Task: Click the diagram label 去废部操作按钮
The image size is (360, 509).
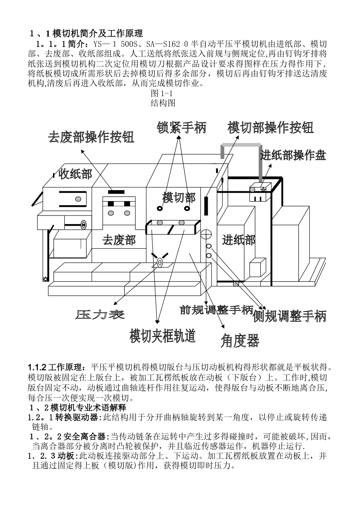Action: pyautogui.click(x=91, y=137)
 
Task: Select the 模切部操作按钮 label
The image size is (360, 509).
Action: pyautogui.click(x=271, y=128)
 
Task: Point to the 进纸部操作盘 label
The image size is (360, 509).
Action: pyautogui.click(x=293, y=155)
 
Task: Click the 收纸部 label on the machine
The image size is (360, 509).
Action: pyautogui.click(x=75, y=174)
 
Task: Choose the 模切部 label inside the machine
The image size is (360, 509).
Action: pyautogui.click(x=179, y=197)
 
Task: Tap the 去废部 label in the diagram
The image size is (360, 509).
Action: pyautogui.click(x=119, y=240)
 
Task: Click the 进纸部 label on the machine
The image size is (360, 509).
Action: pyautogui.click(x=239, y=239)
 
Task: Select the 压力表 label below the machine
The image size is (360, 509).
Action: pyautogui.click(x=100, y=314)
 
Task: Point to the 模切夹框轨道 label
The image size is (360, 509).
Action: pyautogui.click(x=163, y=335)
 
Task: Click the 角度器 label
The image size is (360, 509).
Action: pyautogui.click(x=240, y=341)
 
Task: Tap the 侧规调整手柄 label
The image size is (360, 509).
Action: pyautogui.click(x=290, y=316)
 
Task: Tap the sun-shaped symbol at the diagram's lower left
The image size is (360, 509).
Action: pyautogui.click(x=45, y=279)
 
